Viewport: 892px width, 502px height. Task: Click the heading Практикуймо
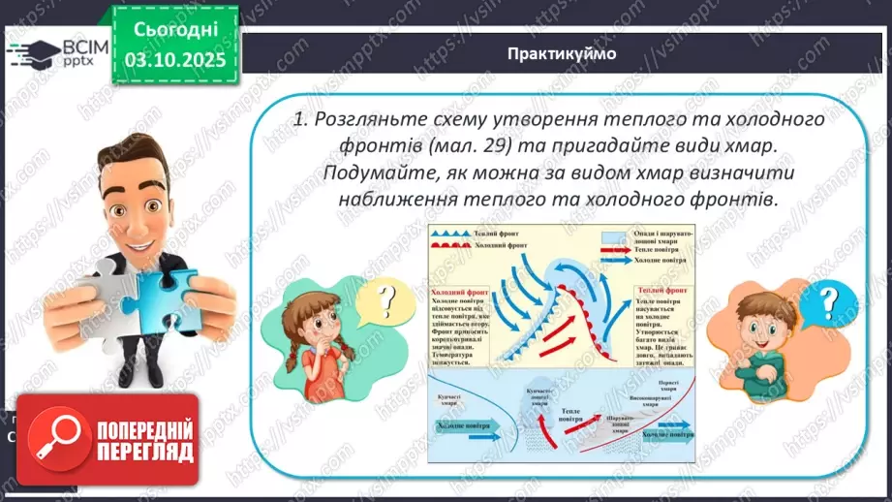561,54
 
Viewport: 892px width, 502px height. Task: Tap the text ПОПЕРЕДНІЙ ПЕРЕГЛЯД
141,439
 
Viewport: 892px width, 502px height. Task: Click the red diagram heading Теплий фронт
663,291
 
